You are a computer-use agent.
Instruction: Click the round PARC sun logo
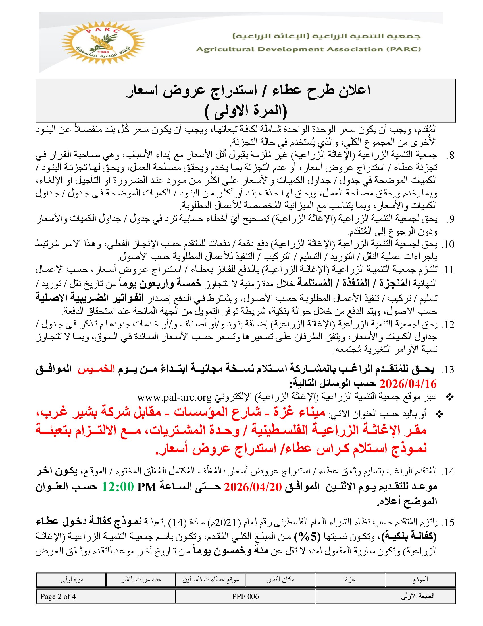pyautogui.click(x=103, y=43)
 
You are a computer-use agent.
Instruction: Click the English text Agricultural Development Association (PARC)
pyautogui.click(x=308, y=49)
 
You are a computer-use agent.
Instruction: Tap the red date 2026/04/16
pyautogui.click(x=408, y=383)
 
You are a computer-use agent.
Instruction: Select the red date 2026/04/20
pyautogui.click(x=253, y=487)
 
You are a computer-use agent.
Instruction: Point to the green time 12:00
pyautogui.click(x=118, y=487)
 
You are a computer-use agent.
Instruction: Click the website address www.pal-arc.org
pyautogui.click(x=174, y=397)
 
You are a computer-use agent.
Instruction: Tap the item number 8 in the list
pyautogui.click(x=450, y=156)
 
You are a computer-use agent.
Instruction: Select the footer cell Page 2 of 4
pyautogui.click(x=58, y=596)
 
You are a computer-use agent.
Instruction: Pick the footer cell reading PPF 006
pyautogui.click(x=245, y=596)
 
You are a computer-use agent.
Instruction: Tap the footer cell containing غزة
pyautogui.click(x=350, y=579)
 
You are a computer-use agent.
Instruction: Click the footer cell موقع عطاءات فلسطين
pyautogui.click(x=211, y=579)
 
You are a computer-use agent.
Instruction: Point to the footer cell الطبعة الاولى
pyautogui.click(x=417, y=596)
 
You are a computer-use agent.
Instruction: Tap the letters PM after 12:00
pyautogui.click(x=147, y=487)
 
